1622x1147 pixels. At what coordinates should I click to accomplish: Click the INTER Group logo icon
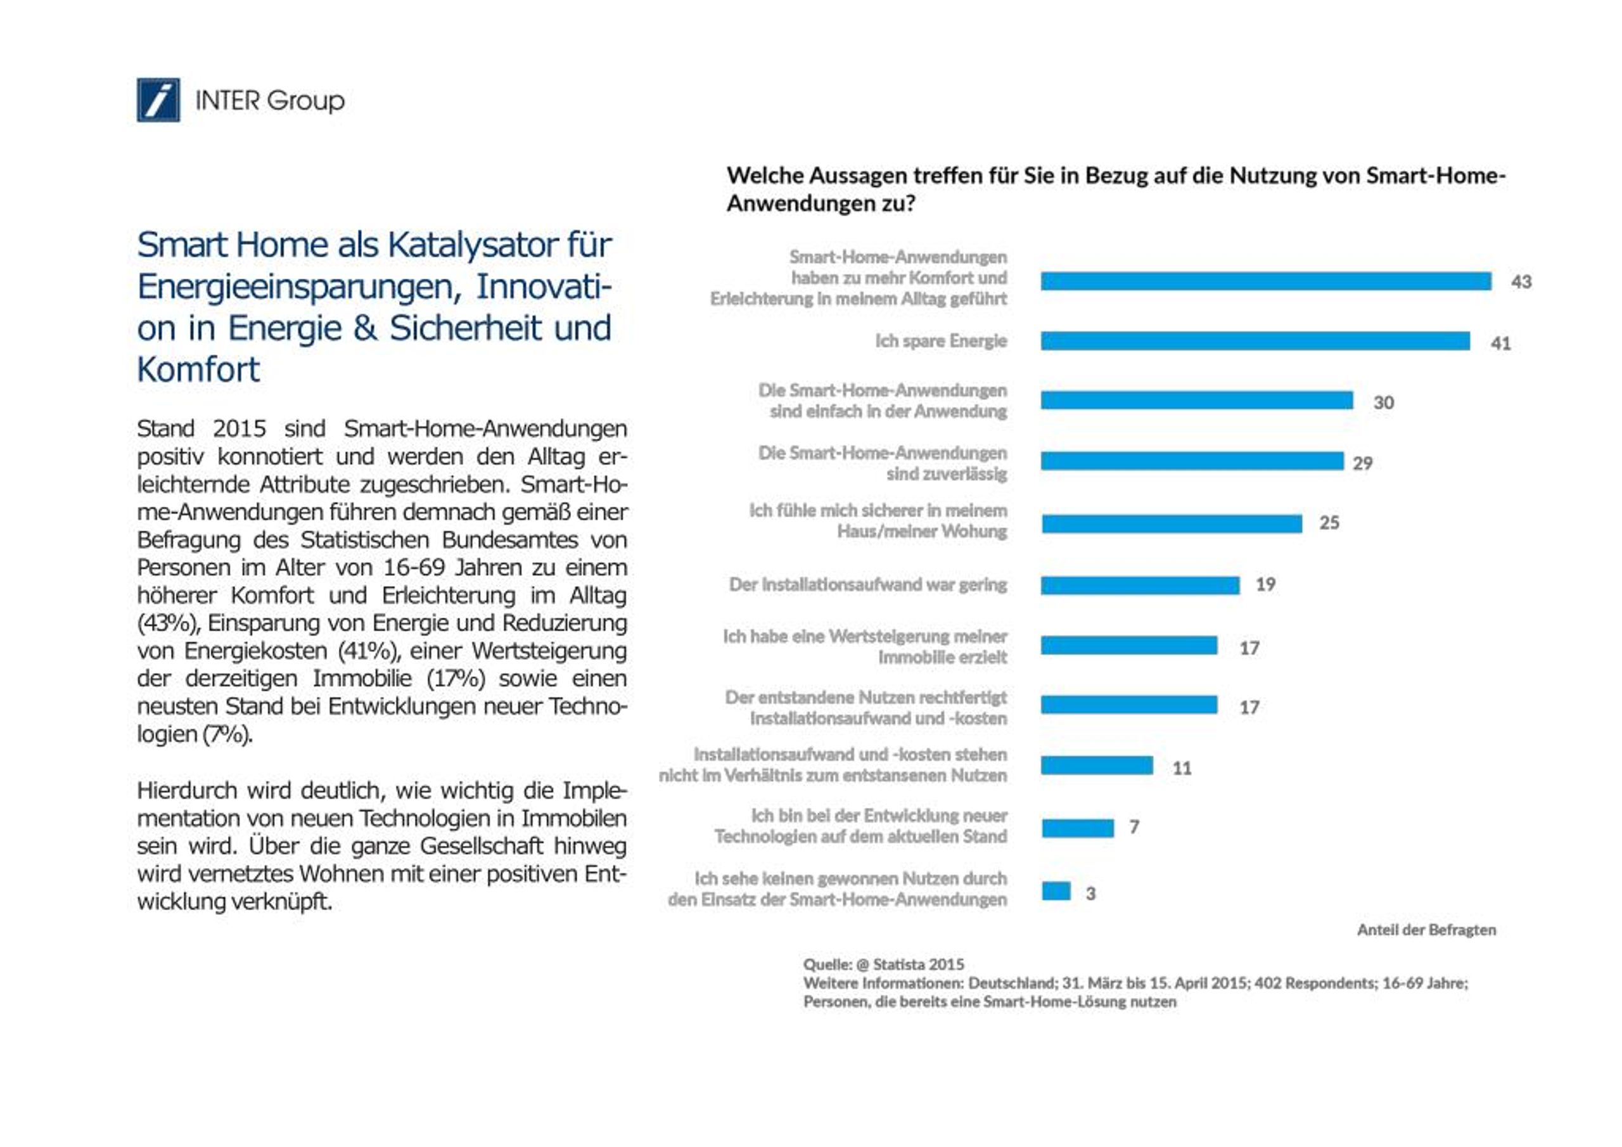[x=158, y=99]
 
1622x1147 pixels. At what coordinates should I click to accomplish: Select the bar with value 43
[x=1266, y=281]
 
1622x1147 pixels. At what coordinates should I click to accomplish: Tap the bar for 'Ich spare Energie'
[x=1255, y=341]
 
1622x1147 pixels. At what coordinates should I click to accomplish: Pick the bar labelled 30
[x=1197, y=400]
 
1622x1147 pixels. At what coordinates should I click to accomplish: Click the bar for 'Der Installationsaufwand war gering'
[x=1140, y=585]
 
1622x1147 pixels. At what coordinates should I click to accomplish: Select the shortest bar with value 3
[x=1056, y=890]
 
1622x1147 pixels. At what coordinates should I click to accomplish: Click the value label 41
[x=1500, y=343]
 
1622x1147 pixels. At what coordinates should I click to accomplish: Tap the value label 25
[x=1329, y=523]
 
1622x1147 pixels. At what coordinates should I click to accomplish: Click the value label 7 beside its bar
[x=1135, y=826]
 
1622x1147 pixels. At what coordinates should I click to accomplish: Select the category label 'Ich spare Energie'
[x=941, y=341]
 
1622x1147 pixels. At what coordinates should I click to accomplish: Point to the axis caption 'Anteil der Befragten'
[x=1426, y=930]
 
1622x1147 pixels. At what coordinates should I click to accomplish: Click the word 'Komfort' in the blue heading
[x=198, y=369]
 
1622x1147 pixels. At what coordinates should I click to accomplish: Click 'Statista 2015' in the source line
[x=918, y=964]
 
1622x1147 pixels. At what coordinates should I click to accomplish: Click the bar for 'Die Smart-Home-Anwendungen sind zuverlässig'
[x=1192, y=461]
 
